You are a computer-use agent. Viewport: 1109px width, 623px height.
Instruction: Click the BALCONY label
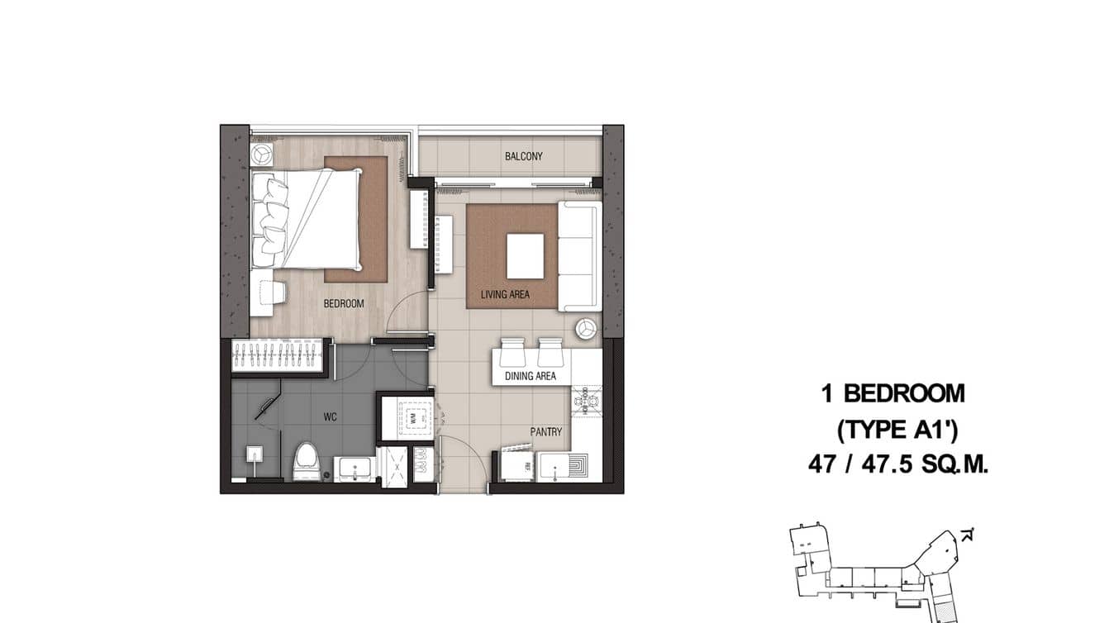point(523,156)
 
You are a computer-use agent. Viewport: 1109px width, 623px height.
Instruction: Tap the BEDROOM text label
point(343,303)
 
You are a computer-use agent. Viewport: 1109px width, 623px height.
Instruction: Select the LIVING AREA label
point(506,294)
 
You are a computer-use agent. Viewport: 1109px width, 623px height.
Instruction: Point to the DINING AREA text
point(531,376)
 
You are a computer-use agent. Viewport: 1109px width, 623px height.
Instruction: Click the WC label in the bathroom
point(330,416)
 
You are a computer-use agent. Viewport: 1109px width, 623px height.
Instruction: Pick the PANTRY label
point(546,431)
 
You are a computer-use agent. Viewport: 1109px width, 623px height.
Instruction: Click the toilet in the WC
point(307,460)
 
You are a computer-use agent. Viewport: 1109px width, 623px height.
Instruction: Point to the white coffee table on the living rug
point(525,256)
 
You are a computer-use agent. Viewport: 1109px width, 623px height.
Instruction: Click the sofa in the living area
point(579,256)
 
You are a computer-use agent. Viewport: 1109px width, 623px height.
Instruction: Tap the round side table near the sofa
point(587,327)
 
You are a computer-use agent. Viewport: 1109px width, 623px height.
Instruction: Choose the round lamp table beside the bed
point(263,155)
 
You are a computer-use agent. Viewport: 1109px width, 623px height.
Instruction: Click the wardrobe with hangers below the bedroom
point(278,355)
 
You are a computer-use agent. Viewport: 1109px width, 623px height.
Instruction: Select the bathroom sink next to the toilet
point(355,468)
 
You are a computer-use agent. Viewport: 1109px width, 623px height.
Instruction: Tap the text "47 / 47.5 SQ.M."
point(898,465)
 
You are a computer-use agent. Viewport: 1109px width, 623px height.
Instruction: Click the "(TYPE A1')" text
point(898,430)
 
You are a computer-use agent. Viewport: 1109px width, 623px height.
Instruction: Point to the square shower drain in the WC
point(255,454)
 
